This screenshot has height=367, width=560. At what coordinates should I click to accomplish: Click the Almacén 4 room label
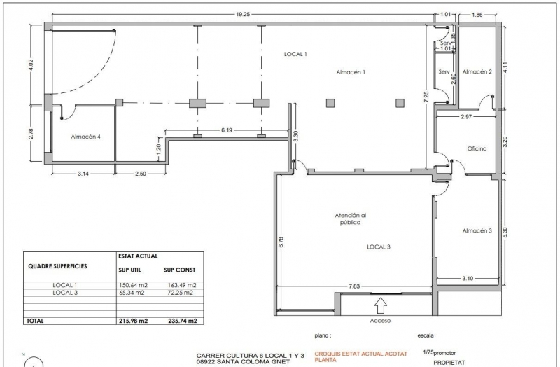(x=85, y=137)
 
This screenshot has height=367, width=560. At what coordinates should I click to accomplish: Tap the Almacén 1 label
(x=351, y=72)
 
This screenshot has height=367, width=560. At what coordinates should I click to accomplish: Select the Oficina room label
(x=477, y=148)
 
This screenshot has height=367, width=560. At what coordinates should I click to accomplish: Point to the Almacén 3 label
(x=477, y=230)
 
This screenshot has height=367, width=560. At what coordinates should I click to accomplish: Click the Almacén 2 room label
(x=477, y=71)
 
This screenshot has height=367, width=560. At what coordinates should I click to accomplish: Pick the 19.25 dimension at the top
(x=242, y=14)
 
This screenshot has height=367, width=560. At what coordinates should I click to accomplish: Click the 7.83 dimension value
(x=354, y=286)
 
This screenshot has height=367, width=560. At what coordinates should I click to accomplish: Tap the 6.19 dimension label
(x=227, y=130)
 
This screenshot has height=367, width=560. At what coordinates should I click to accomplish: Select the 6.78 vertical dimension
(x=281, y=242)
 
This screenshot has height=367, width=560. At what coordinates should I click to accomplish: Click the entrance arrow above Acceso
(x=381, y=306)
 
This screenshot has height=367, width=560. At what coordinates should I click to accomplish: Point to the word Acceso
(x=380, y=321)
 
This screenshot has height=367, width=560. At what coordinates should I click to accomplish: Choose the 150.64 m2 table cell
(x=133, y=285)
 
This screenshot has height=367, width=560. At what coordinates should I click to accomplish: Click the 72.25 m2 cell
(x=181, y=293)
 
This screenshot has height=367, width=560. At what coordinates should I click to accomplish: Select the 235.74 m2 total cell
(x=183, y=321)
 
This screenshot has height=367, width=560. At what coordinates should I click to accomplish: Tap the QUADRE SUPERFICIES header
(x=57, y=266)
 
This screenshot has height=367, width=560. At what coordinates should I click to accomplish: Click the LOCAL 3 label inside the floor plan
(x=379, y=247)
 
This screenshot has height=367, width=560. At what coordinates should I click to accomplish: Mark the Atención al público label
(x=351, y=219)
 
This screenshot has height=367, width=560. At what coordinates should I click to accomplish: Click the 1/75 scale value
(x=428, y=352)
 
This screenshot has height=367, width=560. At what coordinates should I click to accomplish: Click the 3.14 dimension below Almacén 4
(x=83, y=174)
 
